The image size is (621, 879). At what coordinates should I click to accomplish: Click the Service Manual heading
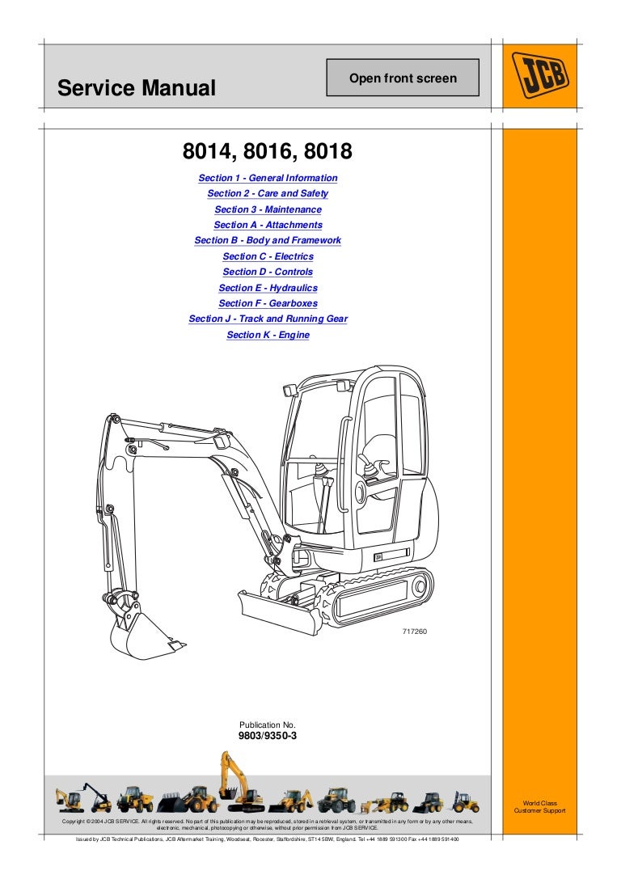point(137,87)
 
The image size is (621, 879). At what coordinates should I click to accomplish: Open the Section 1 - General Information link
point(268,178)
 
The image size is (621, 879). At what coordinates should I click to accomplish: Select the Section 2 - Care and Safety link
point(268,193)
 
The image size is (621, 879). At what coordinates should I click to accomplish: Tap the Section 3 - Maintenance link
point(268,209)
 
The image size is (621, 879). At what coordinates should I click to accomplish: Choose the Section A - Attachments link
point(268,225)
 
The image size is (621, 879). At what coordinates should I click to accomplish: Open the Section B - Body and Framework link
point(268,240)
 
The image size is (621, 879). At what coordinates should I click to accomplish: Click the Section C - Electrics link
point(268,256)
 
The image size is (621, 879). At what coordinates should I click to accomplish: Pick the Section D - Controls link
point(268,272)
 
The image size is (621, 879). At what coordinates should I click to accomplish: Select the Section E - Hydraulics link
point(268,288)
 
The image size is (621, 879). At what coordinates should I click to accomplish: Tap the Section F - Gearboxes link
point(268,303)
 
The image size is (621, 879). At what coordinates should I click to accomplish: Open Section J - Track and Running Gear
point(268,319)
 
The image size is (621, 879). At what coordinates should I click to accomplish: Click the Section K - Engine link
point(268,335)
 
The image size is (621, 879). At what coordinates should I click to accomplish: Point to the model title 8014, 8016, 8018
point(268,153)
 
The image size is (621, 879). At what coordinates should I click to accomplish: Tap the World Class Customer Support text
point(539,807)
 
